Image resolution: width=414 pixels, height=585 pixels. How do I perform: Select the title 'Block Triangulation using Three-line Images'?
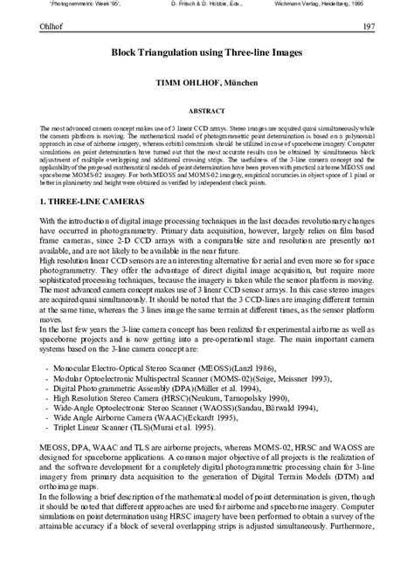tap(207, 53)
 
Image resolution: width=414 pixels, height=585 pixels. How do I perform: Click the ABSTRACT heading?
tap(207, 112)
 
